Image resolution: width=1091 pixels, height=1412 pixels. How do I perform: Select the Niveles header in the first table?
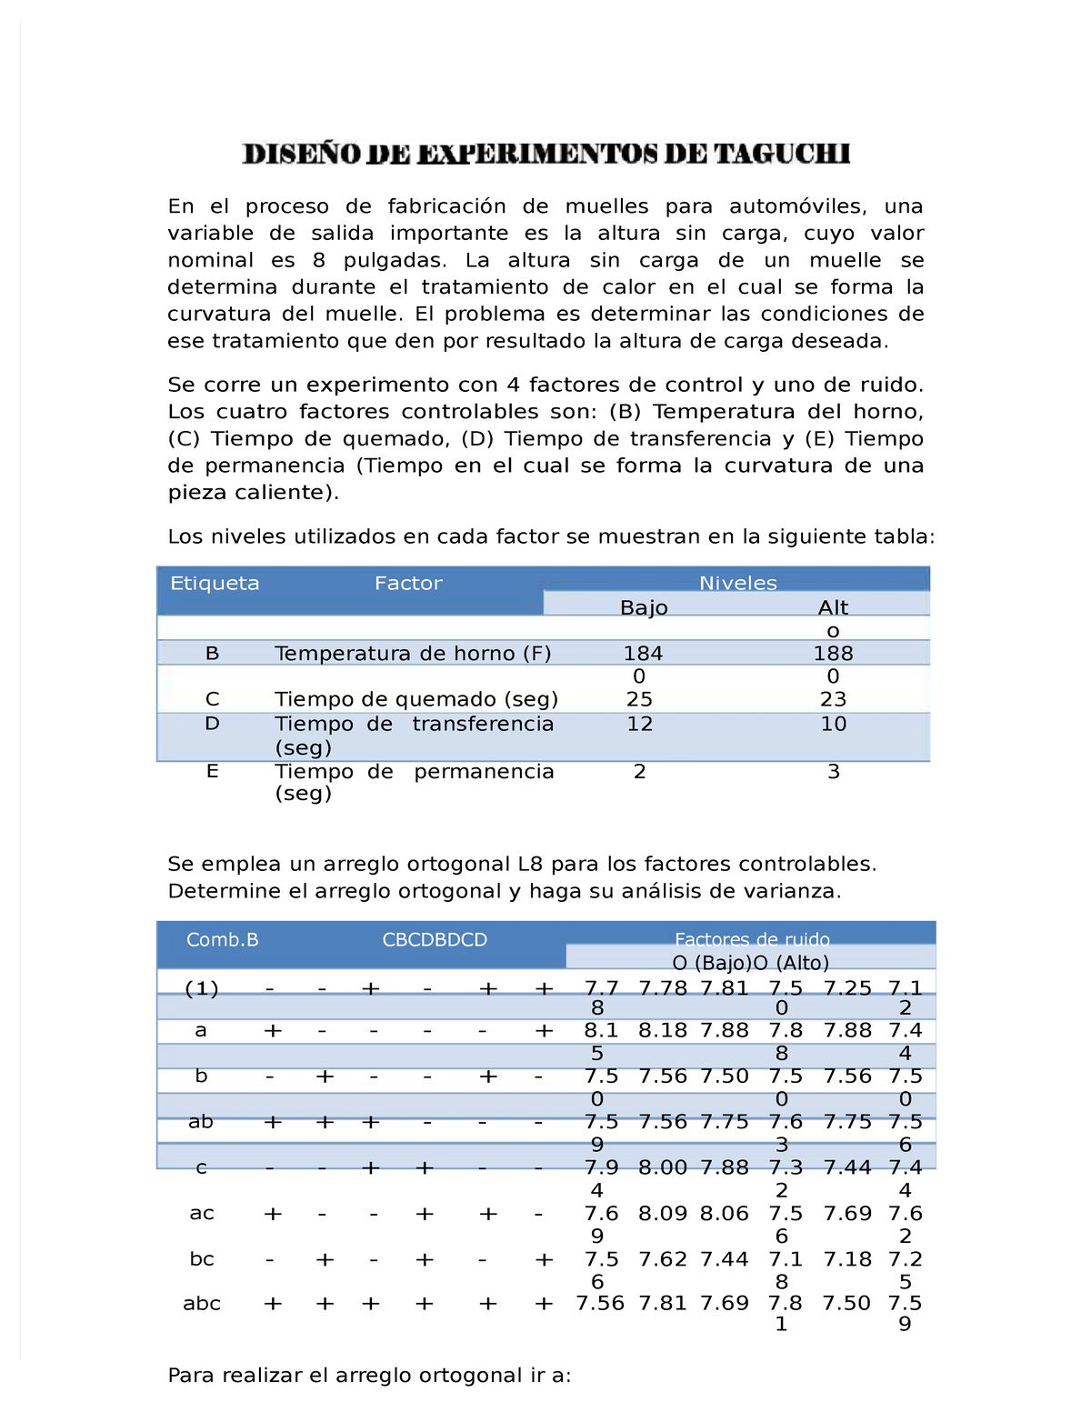point(737,583)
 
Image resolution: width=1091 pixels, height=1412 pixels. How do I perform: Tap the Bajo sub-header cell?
point(644,607)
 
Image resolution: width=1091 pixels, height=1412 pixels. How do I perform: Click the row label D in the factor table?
point(212,724)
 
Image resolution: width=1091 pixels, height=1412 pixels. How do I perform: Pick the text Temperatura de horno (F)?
point(413,654)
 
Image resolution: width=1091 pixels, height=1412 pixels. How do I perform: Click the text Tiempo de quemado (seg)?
point(416,699)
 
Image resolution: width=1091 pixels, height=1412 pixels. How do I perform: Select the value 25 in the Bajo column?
point(639,699)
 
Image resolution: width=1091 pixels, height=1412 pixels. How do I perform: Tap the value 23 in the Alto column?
point(833,699)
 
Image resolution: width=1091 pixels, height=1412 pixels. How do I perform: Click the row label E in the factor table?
point(212,771)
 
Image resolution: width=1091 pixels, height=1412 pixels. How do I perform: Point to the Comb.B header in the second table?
point(222,940)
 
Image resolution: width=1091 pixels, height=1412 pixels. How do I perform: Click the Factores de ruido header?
point(751,939)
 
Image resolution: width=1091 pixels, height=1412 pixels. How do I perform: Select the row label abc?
point(202,1304)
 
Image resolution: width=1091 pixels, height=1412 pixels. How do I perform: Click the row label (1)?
point(201,989)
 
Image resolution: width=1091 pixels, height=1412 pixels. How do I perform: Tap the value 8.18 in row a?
point(663,1031)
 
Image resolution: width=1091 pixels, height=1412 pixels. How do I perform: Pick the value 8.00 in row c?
point(663,1167)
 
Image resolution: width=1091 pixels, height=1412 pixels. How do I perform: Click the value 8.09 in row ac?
point(663,1214)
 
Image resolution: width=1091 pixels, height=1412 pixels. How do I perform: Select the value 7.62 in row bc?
point(663,1259)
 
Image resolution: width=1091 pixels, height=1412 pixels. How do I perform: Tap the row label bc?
point(202,1259)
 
